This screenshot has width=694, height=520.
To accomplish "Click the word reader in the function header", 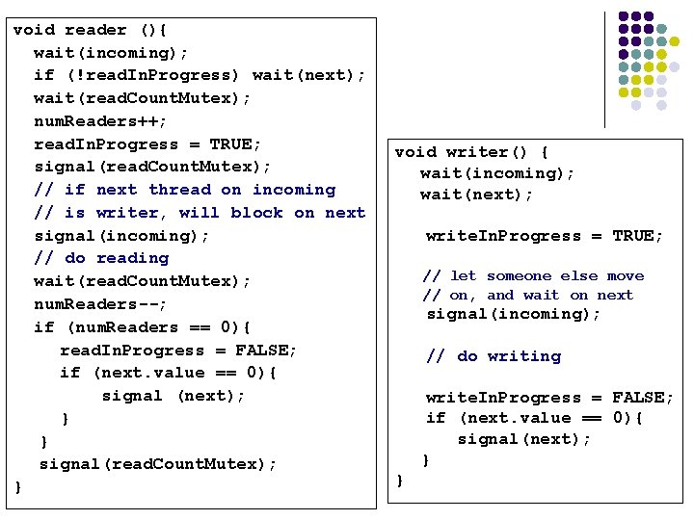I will pyautogui.click(x=95, y=30).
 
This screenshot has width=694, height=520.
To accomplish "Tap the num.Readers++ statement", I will pyautogui.click(x=100, y=121).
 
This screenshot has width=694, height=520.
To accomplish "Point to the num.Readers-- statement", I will pyautogui.click(x=100, y=304).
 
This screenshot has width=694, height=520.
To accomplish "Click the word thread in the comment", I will pyautogui.click(x=180, y=190).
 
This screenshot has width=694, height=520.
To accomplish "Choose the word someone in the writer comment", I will pyautogui.click(x=520, y=276).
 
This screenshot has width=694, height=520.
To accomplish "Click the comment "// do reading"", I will pyautogui.click(x=101, y=258).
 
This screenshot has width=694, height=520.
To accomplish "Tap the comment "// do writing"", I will pyautogui.click(x=494, y=356).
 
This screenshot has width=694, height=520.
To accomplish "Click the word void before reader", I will pyautogui.click(x=34, y=30).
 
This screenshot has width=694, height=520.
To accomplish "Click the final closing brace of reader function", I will pyautogui.click(x=18, y=487).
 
